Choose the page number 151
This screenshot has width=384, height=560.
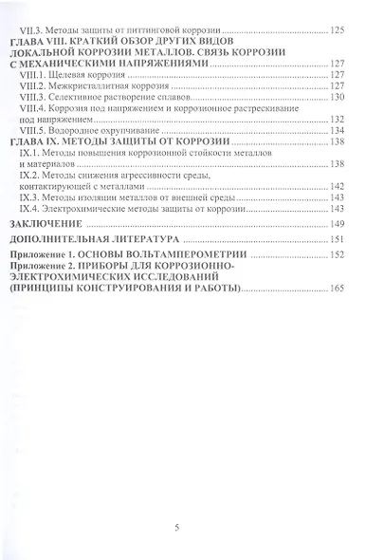click(x=338, y=239)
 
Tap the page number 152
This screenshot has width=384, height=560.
click(x=338, y=256)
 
